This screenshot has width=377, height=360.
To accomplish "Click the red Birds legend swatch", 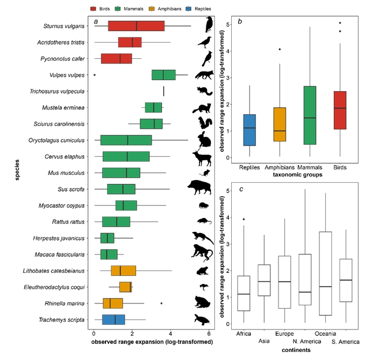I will pyautogui.click(x=93, y=9).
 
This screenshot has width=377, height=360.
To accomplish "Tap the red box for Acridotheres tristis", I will pyautogui.click(x=130, y=42).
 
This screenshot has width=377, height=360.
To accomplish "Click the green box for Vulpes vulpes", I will pyautogui.click(x=164, y=75).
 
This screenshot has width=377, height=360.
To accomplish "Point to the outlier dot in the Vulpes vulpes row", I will pyautogui.click(x=95, y=75).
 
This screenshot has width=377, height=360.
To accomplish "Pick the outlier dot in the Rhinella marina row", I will pyautogui.click(x=161, y=303).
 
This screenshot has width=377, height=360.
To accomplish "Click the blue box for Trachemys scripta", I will pyautogui.click(x=114, y=319).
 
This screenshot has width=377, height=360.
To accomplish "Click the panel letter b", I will pyautogui.click(x=239, y=22).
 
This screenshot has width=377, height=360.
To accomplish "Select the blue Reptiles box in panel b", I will pyautogui.click(x=250, y=130).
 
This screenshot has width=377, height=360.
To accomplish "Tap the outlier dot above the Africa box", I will pyautogui.click(x=243, y=219).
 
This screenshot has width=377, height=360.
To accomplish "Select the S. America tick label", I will pyautogui.click(x=345, y=341).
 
